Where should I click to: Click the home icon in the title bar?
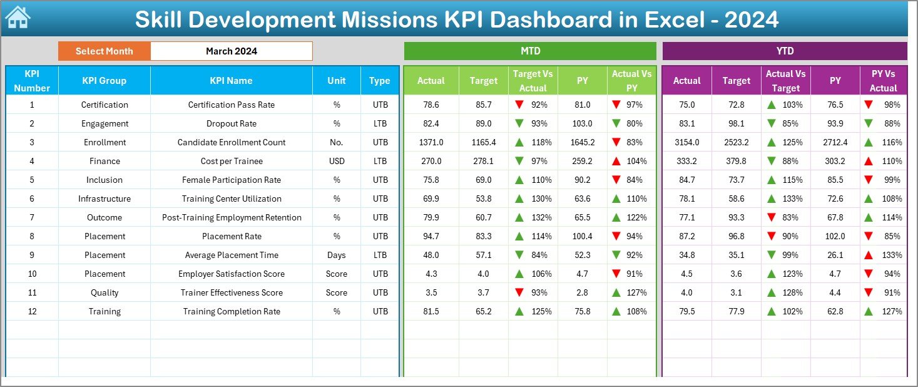[x=18, y=18]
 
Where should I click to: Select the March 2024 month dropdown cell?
[x=232, y=51]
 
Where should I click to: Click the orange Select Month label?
[x=104, y=51]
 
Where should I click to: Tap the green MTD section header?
[x=530, y=51]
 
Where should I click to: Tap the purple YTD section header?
[x=784, y=51]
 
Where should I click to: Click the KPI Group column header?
[x=104, y=81]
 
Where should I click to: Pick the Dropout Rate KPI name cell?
[x=231, y=123]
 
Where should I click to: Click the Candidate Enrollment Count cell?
[x=231, y=142]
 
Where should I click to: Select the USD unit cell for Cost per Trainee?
[x=337, y=161]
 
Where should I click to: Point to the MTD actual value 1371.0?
[x=431, y=142]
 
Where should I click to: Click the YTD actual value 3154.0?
[x=686, y=142]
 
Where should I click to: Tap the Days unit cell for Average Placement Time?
[x=337, y=255]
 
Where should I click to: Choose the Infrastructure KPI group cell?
[x=105, y=199]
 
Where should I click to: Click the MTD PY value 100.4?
[x=582, y=236]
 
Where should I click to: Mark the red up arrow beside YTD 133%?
[x=869, y=255]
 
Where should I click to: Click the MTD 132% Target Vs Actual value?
[x=541, y=217]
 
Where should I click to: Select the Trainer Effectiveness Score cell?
[x=231, y=292]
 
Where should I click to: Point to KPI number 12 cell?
[x=32, y=311]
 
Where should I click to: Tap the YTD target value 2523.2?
[x=736, y=142]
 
